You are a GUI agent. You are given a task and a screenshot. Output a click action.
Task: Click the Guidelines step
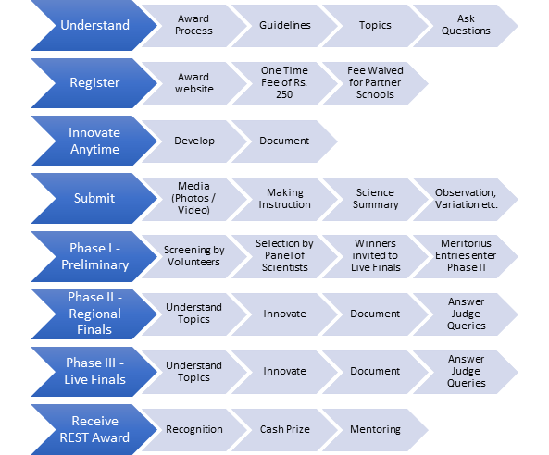coord(284,26)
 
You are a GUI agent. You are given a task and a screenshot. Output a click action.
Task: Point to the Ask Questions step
coord(466,26)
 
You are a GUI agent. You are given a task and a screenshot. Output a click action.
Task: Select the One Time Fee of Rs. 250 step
coord(284,83)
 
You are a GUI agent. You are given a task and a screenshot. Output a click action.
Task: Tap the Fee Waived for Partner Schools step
coord(375,83)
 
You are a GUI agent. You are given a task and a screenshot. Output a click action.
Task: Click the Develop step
coord(194,141)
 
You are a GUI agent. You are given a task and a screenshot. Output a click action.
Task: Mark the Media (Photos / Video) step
coord(194,199)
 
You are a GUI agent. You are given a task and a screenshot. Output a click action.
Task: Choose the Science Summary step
coord(375,199)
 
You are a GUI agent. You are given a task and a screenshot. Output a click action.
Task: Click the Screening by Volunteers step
coord(194,256)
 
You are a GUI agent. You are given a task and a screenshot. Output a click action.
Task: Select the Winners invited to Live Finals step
coord(375,256)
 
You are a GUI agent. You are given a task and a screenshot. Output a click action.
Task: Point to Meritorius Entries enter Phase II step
coord(466,256)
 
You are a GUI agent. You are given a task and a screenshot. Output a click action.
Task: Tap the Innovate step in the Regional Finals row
coord(284,314)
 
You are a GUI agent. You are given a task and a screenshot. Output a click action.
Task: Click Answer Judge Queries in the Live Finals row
coord(466,372)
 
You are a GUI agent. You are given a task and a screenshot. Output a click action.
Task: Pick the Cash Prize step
coord(284,430)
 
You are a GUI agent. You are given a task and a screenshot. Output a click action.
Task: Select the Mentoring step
coord(375,430)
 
